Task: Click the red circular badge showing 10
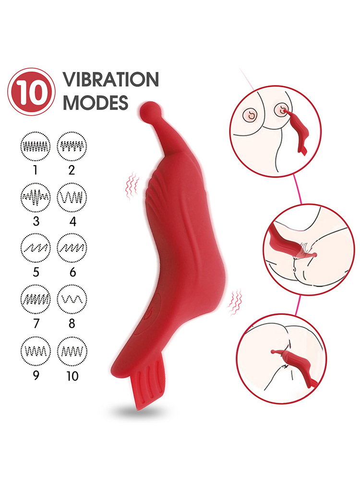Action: (x=31, y=92)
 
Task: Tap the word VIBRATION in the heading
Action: (x=111, y=79)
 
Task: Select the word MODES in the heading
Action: (x=96, y=103)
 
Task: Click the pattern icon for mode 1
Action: (x=36, y=146)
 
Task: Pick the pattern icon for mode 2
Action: (x=72, y=146)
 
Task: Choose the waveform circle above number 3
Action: (x=36, y=197)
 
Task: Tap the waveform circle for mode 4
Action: (x=72, y=197)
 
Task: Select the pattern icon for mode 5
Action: (x=36, y=248)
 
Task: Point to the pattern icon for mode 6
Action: (x=72, y=248)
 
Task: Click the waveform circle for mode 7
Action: (x=36, y=299)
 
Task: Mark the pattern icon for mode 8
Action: (x=72, y=299)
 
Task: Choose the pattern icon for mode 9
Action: (x=36, y=351)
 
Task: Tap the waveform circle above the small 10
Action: (x=72, y=351)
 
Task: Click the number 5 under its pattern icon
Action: (x=36, y=272)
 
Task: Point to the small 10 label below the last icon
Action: (x=72, y=376)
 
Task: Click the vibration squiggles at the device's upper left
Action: (x=132, y=185)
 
